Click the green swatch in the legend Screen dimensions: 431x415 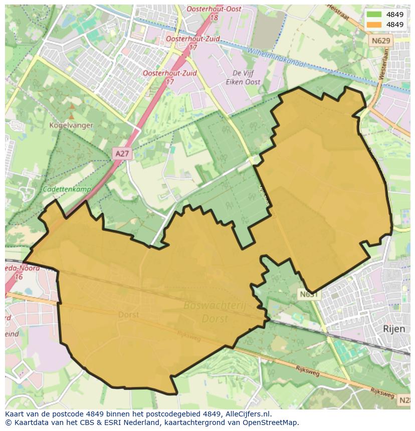point(374,15)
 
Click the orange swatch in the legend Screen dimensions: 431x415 point(374,25)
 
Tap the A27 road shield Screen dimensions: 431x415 point(122,154)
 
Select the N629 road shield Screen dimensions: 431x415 point(380,40)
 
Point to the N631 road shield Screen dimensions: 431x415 point(309,294)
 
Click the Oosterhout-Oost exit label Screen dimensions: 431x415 point(214,9)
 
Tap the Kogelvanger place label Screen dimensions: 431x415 point(71,125)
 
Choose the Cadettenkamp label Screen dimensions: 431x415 point(64,189)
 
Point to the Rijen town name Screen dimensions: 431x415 point(393,329)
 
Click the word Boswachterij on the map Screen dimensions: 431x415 point(214,305)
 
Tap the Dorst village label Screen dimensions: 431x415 point(129,315)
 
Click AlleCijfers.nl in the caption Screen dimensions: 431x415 point(247,414)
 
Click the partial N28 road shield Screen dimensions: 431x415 point(404,400)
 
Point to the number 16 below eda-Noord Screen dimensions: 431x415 point(19,277)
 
